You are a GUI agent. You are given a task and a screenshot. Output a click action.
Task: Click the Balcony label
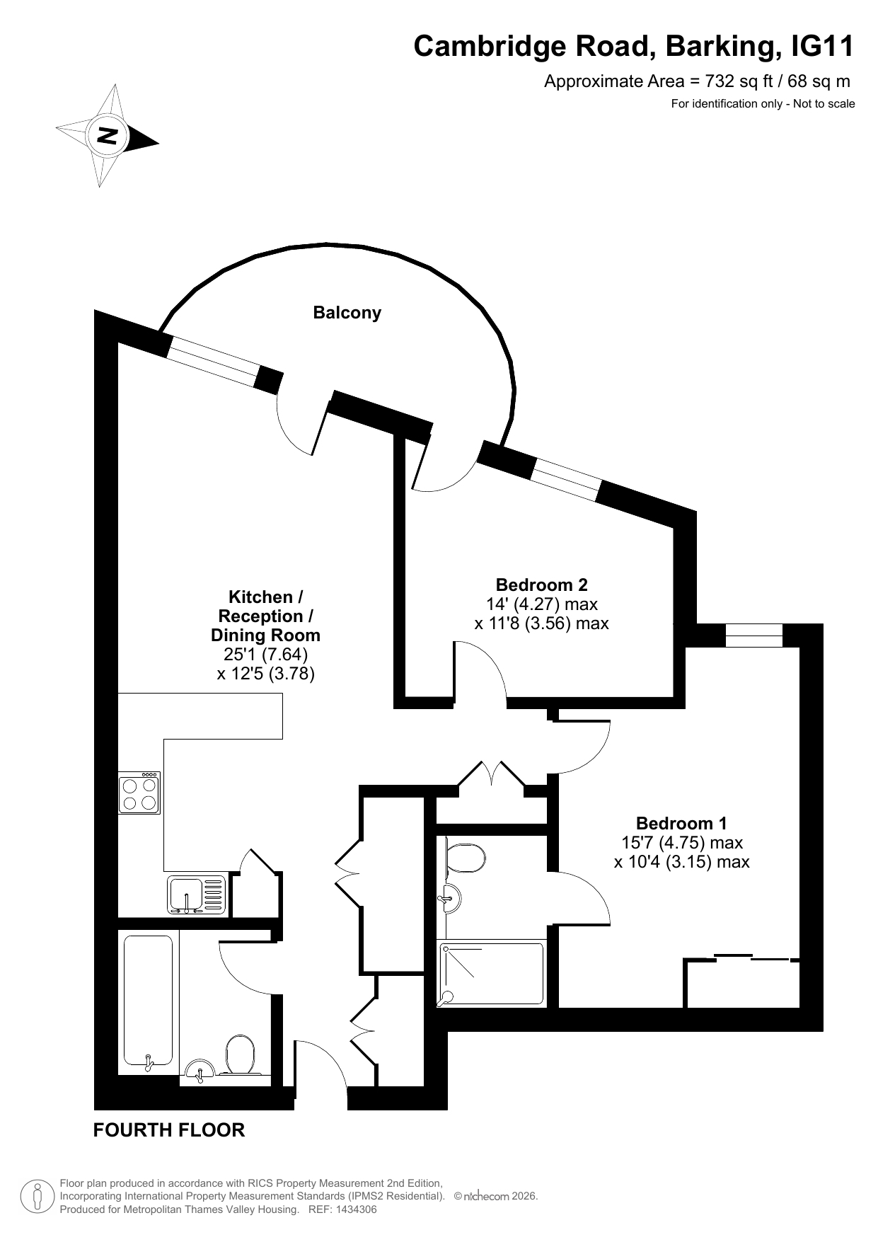pyautogui.click(x=347, y=313)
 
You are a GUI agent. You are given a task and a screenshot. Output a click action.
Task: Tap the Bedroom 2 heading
pyautogui.click(x=541, y=585)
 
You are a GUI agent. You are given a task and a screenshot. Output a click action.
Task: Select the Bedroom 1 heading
pyautogui.click(x=681, y=824)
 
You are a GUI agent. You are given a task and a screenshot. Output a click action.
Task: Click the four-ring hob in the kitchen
pyautogui.click(x=139, y=793)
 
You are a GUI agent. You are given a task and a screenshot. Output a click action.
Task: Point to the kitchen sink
pyautogui.click(x=197, y=895)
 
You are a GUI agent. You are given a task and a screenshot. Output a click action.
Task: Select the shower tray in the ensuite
pyautogui.click(x=492, y=973)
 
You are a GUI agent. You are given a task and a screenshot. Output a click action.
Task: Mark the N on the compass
pyautogui.click(x=108, y=135)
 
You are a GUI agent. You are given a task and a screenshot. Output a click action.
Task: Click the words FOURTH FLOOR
pyautogui.click(x=169, y=1130)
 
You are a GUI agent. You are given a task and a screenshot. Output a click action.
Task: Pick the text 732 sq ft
pyautogui.click(x=739, y=81)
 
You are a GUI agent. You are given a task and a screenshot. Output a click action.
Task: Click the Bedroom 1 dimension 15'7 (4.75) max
pyautogui.click(x=682, y=843)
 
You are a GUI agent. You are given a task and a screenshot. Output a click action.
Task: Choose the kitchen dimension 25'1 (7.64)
pyautogui.click(x=260, y=655)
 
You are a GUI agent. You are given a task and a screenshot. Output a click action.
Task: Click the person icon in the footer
pyautogui.click(x=38, y=1196)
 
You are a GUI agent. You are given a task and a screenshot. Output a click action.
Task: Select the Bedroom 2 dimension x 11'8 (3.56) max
pyautogui.click(x=541, y=623)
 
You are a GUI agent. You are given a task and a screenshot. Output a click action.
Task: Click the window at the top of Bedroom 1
pyautogui.click(x=754, y=636)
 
